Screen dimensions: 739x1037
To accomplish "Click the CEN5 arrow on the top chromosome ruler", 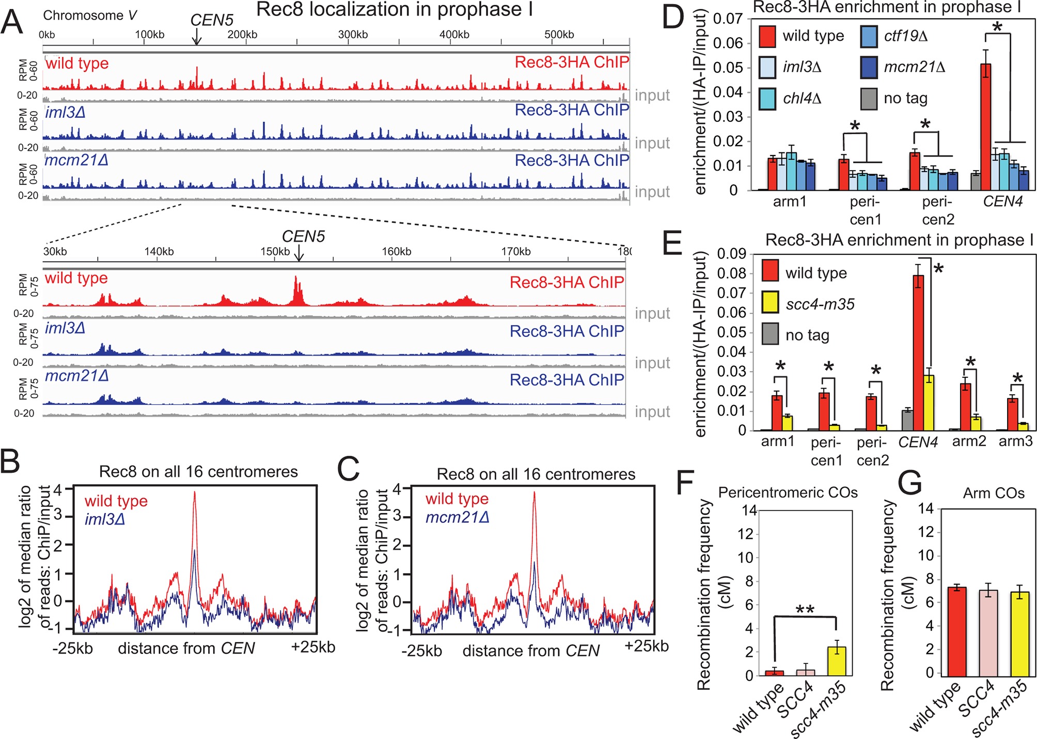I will pyautogui.click(x=196, y=37).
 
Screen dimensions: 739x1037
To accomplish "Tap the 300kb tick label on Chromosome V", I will pyautogui.click(x=353, y=35).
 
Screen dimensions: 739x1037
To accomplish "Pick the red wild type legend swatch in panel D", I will pyautogui.click(x=767, y=36).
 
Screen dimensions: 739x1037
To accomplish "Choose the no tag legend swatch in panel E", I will pyautogui.click(x=771, y=334).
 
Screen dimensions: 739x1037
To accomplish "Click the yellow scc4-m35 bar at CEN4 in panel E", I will pyautogui.click(x=929, y=403).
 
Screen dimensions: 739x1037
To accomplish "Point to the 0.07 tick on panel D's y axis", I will pyautogui.click(x=728, y=19).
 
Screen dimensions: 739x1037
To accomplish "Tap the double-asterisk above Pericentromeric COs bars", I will pyautogui.click(x=805, y=610).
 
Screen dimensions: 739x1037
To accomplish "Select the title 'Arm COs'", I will pyautogui.click(x=993, y=493).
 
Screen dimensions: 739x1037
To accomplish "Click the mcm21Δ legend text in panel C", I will pyautogui.click(x=457, y=517).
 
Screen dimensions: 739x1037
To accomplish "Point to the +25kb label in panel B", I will pyautogui.click(x=313, y=647).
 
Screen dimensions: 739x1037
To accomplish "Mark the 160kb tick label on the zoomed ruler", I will pyautogui.click(x=396, y=252).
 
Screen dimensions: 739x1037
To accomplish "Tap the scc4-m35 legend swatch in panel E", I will pyautogui.click(x=771, y=303).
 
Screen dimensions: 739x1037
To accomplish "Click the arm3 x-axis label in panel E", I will pyautogui.click(x=1015, y=441).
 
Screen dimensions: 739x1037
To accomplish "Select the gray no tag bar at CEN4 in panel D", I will pyautogui.click(x=976, y=181).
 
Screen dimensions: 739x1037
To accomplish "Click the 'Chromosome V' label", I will pyautogui.click(x=90, y=16).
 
